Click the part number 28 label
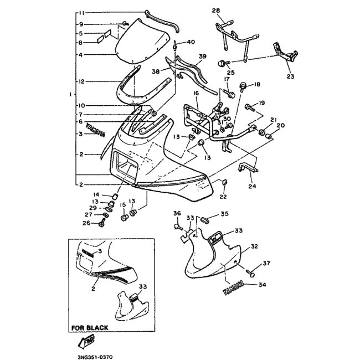point(215,11)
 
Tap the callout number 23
point(290,76)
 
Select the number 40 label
point(191,42)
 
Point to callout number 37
point(266,263)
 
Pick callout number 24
point(253,186)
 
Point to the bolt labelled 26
point(102,223)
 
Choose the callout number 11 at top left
point(80,12)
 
